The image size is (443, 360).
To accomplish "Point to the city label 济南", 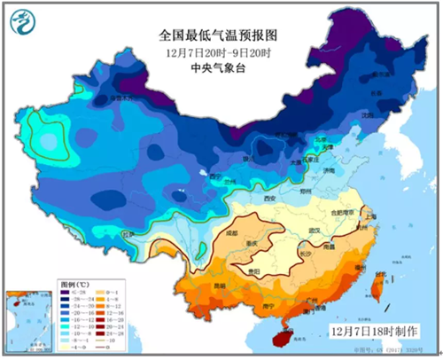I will (x=328, y=168).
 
